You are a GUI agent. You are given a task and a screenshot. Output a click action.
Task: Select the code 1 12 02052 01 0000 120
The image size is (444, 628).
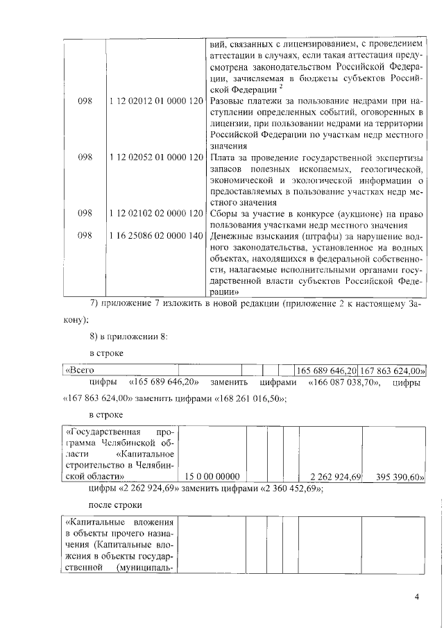point(155,158)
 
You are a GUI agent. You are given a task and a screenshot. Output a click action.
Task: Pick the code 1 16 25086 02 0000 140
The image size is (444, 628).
point(155,236)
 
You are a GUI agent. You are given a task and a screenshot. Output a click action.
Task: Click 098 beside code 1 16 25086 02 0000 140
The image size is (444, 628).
point(85,236)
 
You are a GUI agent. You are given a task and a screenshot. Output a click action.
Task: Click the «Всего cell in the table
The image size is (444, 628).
point(79,371)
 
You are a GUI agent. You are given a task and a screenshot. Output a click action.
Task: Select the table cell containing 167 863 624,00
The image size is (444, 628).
point(392,371)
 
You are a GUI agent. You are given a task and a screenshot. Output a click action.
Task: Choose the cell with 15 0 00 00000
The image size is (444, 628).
point(213,477)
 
